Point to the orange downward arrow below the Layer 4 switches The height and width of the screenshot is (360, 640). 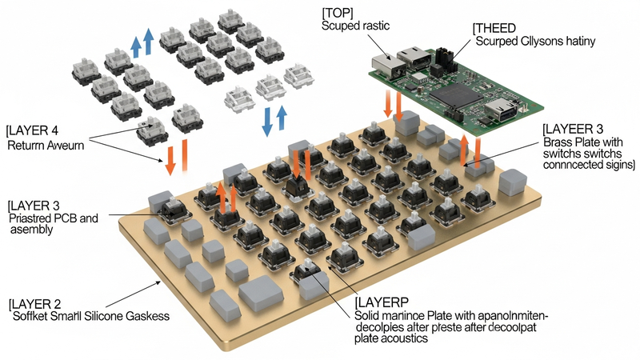(x=170, y=160)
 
